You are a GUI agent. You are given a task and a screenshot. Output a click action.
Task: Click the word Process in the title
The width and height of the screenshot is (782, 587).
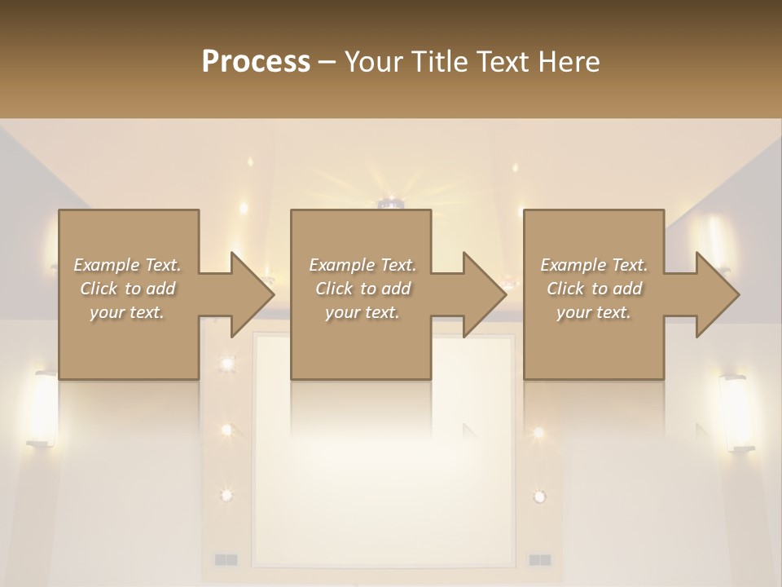click(256, 62)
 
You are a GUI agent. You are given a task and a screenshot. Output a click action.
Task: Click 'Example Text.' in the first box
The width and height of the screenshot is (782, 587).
click(127, 265)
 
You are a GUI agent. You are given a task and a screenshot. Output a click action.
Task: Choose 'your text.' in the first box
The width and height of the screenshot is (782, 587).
click(127, 312)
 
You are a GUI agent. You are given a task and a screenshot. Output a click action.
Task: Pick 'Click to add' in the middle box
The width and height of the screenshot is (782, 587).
click(362, 289)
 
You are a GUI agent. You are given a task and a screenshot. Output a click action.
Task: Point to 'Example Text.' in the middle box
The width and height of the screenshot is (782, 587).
click(362, 265)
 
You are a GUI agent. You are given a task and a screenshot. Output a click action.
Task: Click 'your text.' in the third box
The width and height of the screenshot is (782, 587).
click(594, 312)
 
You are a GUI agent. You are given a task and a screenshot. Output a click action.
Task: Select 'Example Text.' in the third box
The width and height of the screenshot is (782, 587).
click(594, 265)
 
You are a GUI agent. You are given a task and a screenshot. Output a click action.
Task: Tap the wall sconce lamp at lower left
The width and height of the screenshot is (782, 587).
click(44, 408)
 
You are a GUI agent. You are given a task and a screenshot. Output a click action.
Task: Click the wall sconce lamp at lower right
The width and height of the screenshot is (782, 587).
click(735, 412)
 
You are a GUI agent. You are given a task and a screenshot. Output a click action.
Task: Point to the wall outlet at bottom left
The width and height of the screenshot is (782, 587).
click(226, 559)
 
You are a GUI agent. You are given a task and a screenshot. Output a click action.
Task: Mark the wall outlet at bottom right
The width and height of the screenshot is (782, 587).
click(540, 559)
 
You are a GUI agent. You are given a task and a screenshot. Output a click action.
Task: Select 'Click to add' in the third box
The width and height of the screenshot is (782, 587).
click(594, 289)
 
